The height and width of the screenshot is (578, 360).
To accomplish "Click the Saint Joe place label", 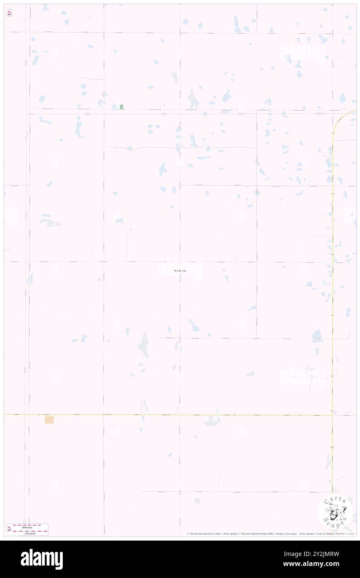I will point(180,271).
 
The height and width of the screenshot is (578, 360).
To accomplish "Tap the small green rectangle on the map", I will point(121,107).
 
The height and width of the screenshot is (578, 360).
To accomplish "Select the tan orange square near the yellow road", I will point(49,420).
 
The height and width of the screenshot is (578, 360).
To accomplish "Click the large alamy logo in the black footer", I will point(42,559).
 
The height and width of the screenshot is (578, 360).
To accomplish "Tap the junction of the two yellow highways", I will point(332,415).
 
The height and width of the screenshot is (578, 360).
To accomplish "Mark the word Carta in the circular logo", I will point(335,500).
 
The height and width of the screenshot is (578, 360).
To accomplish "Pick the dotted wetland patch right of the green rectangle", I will point(193,100).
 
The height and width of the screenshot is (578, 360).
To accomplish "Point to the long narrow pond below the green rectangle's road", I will point(78,127).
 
